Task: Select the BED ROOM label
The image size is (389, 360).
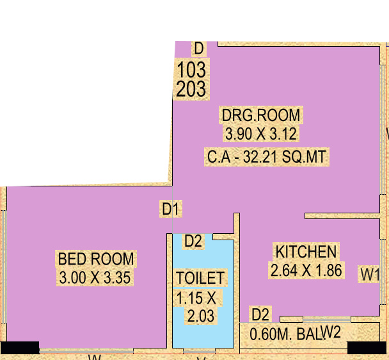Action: coord(96,259)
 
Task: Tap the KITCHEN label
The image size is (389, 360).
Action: coord(305,250)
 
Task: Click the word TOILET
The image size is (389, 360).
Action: coord(200,278)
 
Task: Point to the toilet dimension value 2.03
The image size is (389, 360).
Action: coord(200,316)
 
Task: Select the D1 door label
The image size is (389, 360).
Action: coord(171,209)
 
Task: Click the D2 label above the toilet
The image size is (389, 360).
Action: coord(193,241)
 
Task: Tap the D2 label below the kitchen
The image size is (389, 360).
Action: coord(261,315)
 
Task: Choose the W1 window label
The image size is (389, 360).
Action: coord(370,275)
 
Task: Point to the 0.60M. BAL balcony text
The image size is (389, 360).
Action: coord(284,334)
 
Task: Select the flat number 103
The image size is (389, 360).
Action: coord(191,69)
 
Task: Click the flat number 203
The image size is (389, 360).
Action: coord(191,88)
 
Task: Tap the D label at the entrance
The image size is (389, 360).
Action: coord(198,48)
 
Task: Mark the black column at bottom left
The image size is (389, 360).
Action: coord(19,347)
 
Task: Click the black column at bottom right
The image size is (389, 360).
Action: coord(367,347)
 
